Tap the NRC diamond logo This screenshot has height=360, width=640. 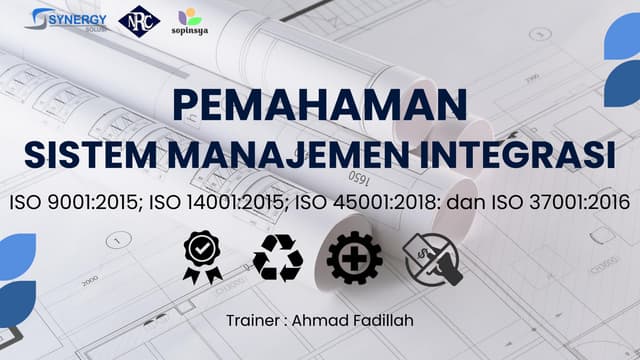(137, 21)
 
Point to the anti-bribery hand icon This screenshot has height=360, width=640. (429, 257)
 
